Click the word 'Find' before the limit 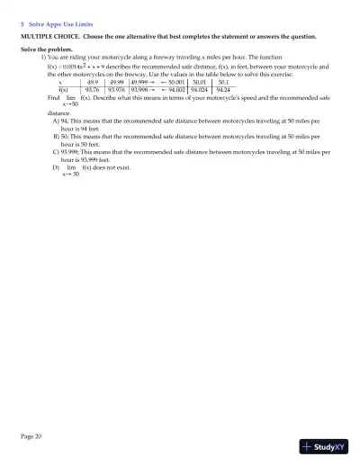click(53, 98)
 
